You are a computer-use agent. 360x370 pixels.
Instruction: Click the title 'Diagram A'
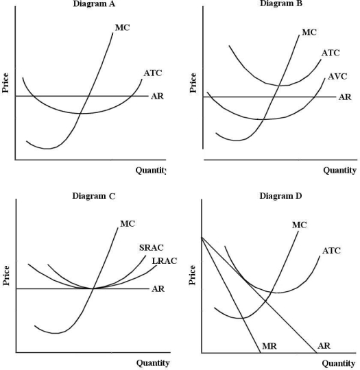coord(94,3)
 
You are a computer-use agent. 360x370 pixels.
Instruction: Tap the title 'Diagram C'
coord(94,196)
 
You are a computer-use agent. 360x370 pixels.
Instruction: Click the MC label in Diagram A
coord(123,28)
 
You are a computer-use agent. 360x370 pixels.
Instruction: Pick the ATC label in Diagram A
coord(153,73)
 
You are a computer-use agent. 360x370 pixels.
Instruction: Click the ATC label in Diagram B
coord(331,53)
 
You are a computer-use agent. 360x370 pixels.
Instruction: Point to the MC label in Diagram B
coord(310,32)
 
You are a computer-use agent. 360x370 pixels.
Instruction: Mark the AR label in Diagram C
coord(158,288)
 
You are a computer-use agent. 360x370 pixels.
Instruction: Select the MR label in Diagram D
coord(269,347)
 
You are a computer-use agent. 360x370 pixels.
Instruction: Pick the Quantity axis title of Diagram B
coord(339,170)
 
